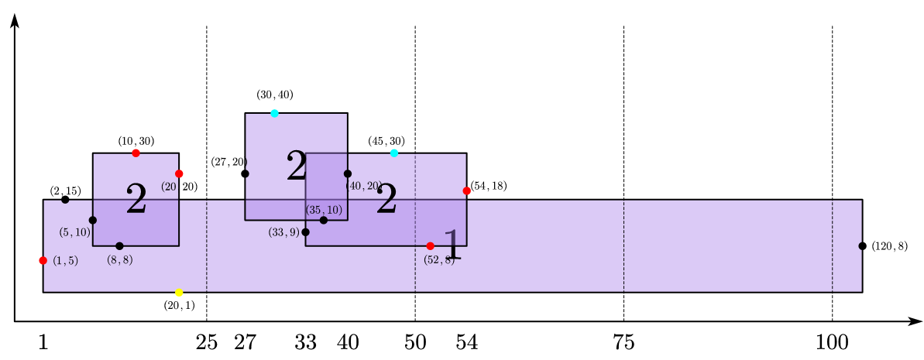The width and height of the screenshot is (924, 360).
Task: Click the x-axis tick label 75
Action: coord(623,343)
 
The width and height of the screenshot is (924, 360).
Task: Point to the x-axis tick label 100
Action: coord(832,343)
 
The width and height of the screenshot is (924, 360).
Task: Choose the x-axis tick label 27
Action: coord(245,343)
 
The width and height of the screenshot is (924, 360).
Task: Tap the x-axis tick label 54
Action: coord(466,343)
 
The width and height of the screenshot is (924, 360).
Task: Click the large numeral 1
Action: coord(452,246)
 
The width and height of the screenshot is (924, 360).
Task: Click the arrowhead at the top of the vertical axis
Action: coord(15,19)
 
